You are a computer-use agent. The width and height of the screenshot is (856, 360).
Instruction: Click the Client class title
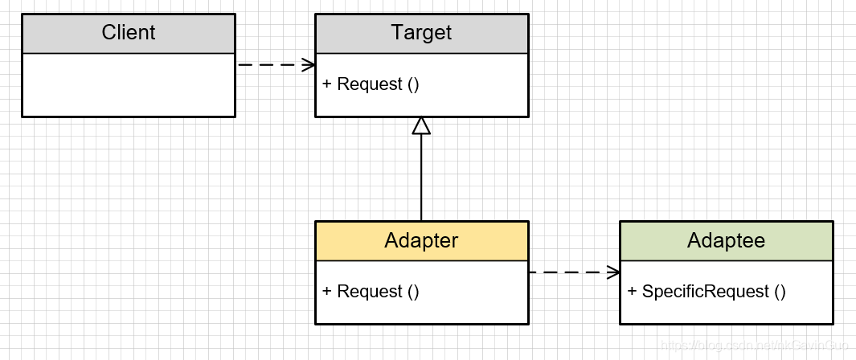(x=128, y=33)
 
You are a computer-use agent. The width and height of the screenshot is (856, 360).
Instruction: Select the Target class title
(x=421, y=33)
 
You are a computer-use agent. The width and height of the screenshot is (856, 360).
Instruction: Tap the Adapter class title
(x=421, y=240)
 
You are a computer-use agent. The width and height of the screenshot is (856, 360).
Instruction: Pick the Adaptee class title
(x=726, y=240)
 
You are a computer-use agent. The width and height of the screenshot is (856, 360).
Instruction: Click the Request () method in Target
(x=371, y=84)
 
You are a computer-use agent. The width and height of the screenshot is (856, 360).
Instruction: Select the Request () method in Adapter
(x=371, y=292)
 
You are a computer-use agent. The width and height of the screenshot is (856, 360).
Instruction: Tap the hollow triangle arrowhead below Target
(x=421, y=125)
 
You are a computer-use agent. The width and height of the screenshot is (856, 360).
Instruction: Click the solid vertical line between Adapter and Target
(x=421, y=177)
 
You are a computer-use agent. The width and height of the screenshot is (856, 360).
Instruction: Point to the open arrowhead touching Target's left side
(x=308, y=65)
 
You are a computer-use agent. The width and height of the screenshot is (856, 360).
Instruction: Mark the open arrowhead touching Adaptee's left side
(x=612, y=272)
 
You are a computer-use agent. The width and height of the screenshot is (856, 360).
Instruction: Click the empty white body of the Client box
(x=128, y=84)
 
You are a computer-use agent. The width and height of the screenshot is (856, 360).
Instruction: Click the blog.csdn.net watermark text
(x=748, y=345)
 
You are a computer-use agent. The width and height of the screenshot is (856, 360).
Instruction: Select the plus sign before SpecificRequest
(x=632, y=292)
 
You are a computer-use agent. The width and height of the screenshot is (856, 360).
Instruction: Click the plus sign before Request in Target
(x=327, y=84)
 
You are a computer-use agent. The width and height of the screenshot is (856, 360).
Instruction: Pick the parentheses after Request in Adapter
(x=413, y=292)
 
